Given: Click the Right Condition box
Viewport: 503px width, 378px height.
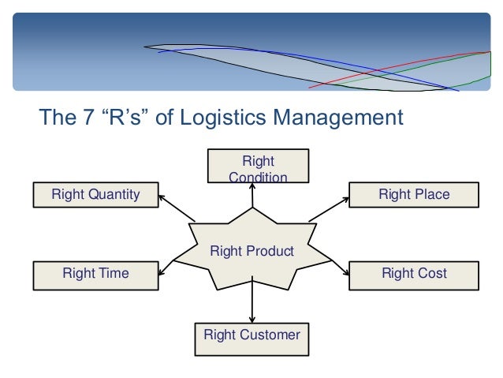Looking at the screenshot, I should [257, 168].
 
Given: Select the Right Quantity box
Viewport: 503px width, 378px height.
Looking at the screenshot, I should [95, 194].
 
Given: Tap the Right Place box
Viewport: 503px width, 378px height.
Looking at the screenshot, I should [414, 194].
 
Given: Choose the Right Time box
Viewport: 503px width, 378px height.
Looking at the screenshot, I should [95, 274].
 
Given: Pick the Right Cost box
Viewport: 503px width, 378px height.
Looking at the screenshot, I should [414, 274].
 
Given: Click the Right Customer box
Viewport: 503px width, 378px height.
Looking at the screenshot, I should [251, 336].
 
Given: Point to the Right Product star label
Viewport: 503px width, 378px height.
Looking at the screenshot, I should [251, 252].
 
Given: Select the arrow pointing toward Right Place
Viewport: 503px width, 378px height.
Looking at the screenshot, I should [328, 208].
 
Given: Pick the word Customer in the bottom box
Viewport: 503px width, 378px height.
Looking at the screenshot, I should [270, 335].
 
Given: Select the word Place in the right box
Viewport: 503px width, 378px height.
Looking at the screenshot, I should [433, 194].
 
